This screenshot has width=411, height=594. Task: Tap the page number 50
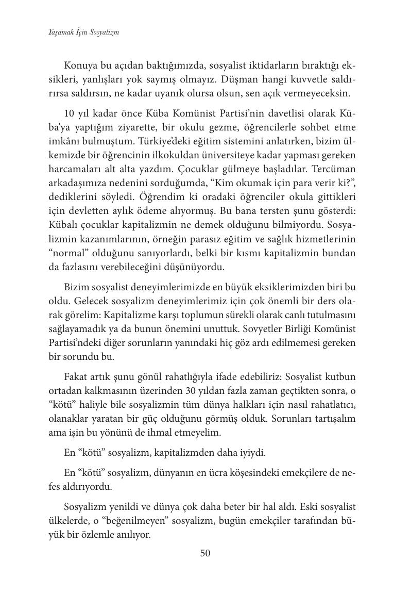(205, 553)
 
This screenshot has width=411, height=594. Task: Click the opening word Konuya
(79, 66)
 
